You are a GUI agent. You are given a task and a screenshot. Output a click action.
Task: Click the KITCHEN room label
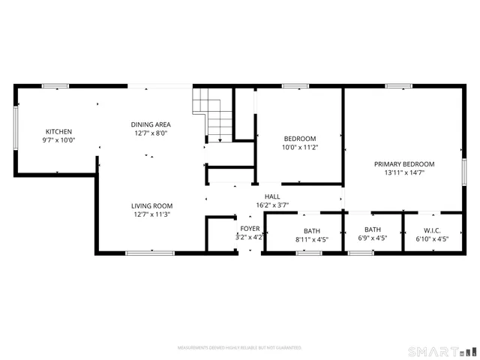tap(58, 131)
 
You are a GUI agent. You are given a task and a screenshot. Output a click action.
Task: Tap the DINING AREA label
tap(151, 124)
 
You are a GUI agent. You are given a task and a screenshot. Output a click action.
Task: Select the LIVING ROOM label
tap(151, 205)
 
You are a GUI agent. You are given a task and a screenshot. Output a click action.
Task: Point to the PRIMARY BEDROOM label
tap(404, 163)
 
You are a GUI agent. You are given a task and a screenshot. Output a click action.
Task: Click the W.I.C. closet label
tap(432, 230)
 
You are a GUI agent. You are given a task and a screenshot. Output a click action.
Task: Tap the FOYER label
tap(250, 228)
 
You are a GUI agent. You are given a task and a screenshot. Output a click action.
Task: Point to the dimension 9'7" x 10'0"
tap(58, 140)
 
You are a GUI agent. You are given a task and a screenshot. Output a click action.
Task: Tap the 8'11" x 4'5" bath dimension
tap(311, 239)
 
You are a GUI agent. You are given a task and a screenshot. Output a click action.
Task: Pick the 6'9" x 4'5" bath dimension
tap(372, 239)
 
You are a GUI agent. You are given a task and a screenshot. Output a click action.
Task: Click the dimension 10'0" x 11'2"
tap(299, 148)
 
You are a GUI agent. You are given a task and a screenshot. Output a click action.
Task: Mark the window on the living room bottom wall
tap(145, 253)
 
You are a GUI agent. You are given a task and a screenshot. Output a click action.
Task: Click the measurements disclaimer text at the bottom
tap(239, 349)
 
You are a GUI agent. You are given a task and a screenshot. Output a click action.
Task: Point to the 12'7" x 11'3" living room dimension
tap(151, 214)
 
